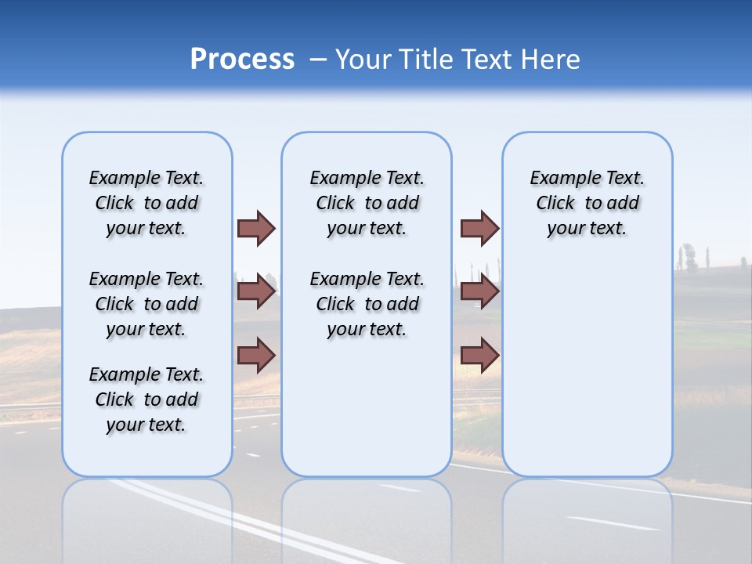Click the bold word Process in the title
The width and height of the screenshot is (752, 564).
point(242,59)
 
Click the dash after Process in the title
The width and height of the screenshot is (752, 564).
point(318,60)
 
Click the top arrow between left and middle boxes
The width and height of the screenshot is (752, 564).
point(256,228)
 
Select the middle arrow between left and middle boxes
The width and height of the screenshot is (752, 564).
point(256,291)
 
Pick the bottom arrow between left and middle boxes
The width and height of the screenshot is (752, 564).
point(256,355)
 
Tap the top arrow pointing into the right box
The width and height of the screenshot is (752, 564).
point(479,228)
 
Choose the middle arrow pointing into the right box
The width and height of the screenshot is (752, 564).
point(479,291)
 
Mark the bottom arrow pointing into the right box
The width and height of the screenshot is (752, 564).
point(479,355)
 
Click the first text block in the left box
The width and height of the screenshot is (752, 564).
point(146,203)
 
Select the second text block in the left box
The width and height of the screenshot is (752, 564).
point(146,304)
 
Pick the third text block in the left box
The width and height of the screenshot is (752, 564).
point(146,399)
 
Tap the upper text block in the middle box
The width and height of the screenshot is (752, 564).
point(367,203)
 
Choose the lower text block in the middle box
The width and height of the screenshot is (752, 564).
point(367,304)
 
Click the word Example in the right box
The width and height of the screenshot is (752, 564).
point(560,178)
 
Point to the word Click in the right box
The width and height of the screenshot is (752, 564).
point(555,203)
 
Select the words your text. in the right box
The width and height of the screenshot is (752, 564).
point(587,228)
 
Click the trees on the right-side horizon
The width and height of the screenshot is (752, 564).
point(689,257)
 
